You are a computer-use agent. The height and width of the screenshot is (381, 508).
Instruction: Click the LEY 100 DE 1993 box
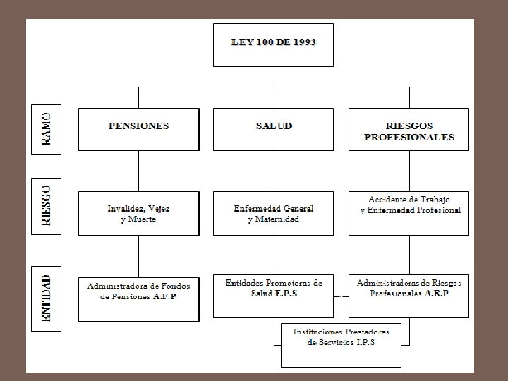pyautogui.click(x=274, y=44)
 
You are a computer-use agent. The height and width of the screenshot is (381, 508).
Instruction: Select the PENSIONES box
pyautogui.click(x=138, y=128)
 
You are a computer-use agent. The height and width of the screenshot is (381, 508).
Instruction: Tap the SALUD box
pyautogui.click(x=274, y=128)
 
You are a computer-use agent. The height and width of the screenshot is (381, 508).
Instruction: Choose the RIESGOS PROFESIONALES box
pyautogui.click(x=409, y=128)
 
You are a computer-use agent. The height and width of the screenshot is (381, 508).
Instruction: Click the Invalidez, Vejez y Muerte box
pyautogui.click(x=138, y=213)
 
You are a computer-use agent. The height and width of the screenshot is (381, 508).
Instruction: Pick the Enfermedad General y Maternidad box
pyautogui.click(x=274, y=213)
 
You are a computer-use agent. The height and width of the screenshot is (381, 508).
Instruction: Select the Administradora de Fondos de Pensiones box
pyautogui.click(x=138, y=297)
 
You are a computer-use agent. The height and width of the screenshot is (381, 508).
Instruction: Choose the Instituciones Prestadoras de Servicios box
pyautogui.click(x=341, y=344)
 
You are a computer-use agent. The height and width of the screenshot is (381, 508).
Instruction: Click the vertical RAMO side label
pyautogui.click(x=47, y=128)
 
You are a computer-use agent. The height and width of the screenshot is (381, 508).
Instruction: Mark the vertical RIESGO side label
pyautogui.click(x=47, y=206)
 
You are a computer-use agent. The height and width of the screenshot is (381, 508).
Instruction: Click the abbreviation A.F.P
pyautogui.click(x=166, y=297)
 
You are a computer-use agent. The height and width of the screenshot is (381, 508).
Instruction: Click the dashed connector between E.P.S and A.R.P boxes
pyautogui.click(x=341, y=297)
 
